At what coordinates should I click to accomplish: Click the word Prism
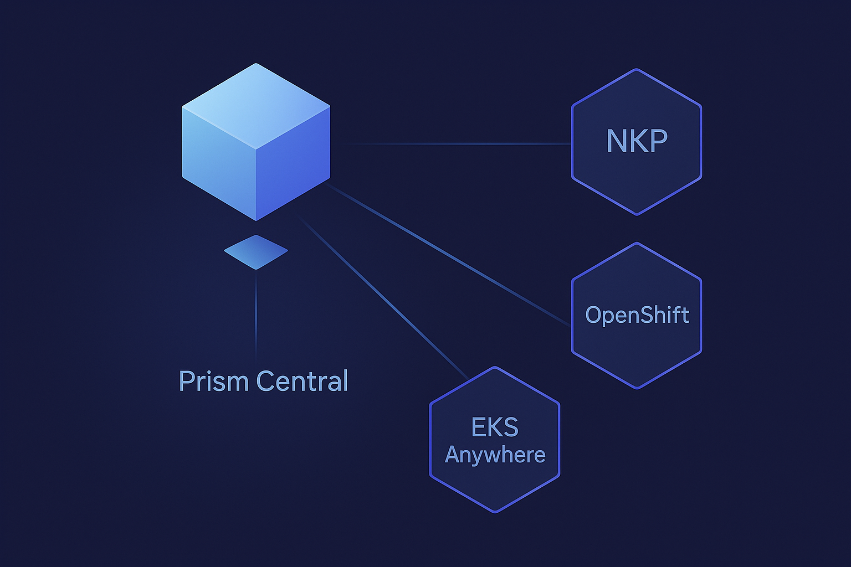[213, 381]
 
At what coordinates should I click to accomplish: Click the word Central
[303, 381]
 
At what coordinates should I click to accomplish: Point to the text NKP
[637, 141]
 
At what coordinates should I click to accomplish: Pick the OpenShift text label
[637, 315]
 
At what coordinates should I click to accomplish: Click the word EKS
[495, 427]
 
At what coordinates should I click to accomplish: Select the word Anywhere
[495, 455]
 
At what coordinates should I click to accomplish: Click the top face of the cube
[256, 105]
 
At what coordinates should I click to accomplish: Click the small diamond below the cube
[256, 252]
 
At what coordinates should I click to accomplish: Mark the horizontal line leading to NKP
[460, 144]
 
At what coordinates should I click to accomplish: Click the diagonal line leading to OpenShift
[449, 255]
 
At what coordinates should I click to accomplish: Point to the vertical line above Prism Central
[256, 316]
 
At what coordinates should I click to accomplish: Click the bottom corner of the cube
[256, 220]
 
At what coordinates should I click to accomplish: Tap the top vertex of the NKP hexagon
[637, 70]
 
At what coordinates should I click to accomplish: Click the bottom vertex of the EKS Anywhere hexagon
[495, 512]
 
